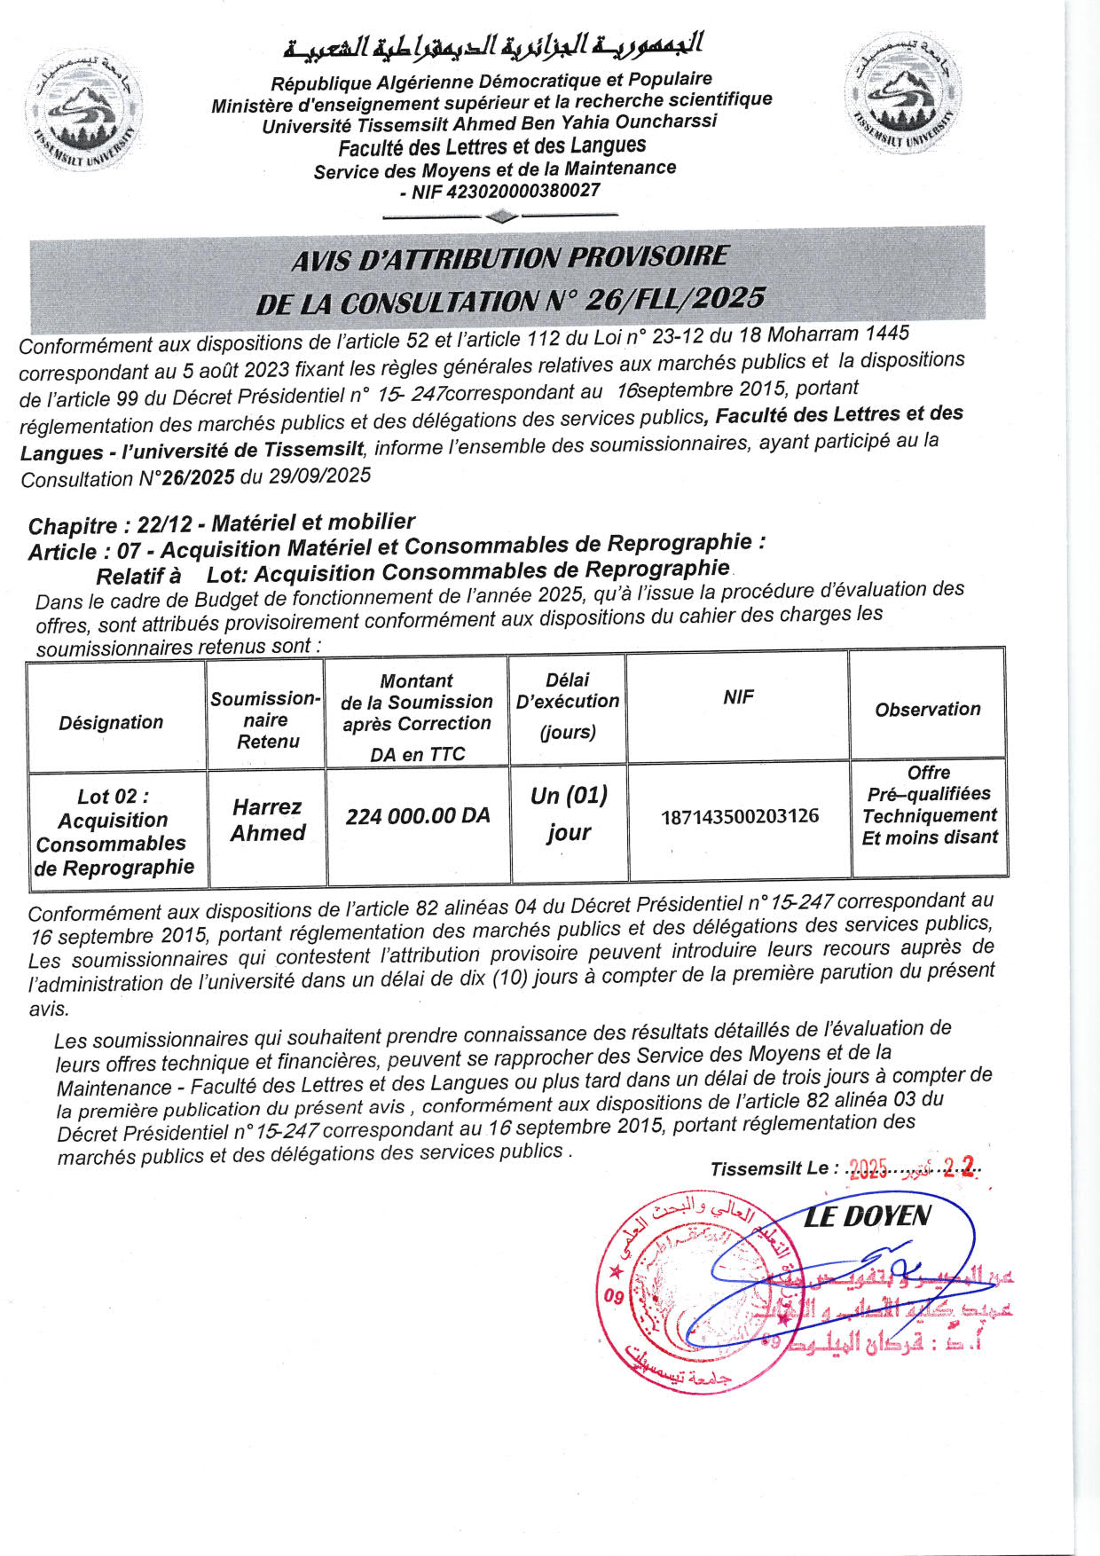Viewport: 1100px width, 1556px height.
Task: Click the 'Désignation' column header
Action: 112,722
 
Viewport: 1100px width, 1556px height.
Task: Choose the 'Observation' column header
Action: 928,709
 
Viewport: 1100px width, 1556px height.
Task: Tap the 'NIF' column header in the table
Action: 738,696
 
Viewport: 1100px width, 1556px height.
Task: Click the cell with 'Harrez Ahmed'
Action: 267,820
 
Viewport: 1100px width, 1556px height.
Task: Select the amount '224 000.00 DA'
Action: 418,816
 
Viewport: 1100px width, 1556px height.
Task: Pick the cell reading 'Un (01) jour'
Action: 569,813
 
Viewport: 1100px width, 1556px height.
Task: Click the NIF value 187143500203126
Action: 740,816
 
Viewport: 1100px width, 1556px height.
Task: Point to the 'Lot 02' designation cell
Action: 114,831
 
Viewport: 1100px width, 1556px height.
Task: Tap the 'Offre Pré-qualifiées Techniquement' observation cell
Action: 930,805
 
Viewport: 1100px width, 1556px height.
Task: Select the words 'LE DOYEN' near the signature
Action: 867,1216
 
